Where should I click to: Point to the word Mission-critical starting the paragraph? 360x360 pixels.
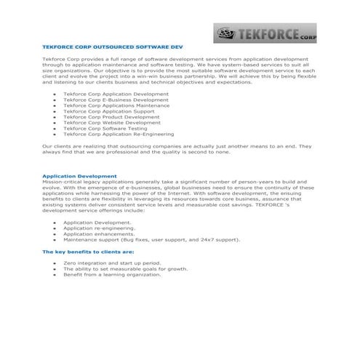60,182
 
